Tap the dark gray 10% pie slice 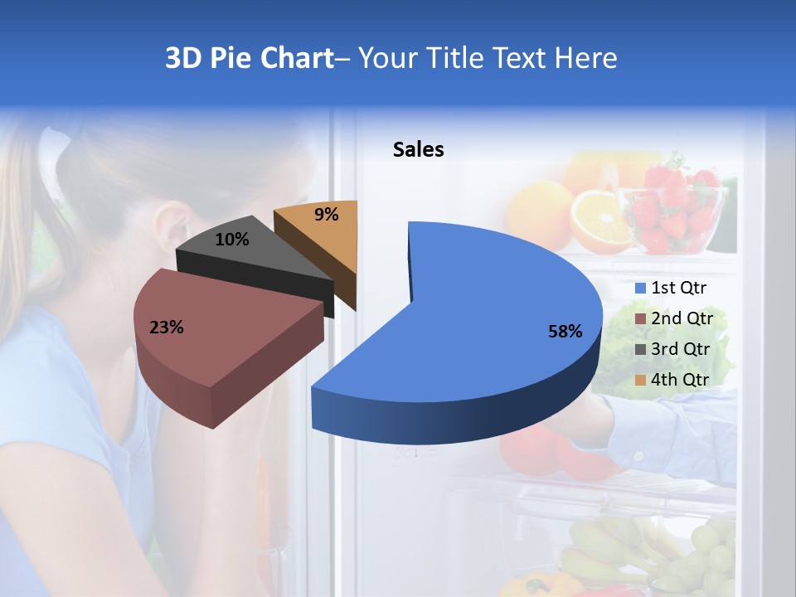coord(249,257)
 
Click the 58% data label coord(565,332)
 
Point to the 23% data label coord(166,328)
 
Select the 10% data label coord(231,240)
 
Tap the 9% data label coord(327,215)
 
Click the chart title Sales coord(418,150)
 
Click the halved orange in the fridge coord(600,220)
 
